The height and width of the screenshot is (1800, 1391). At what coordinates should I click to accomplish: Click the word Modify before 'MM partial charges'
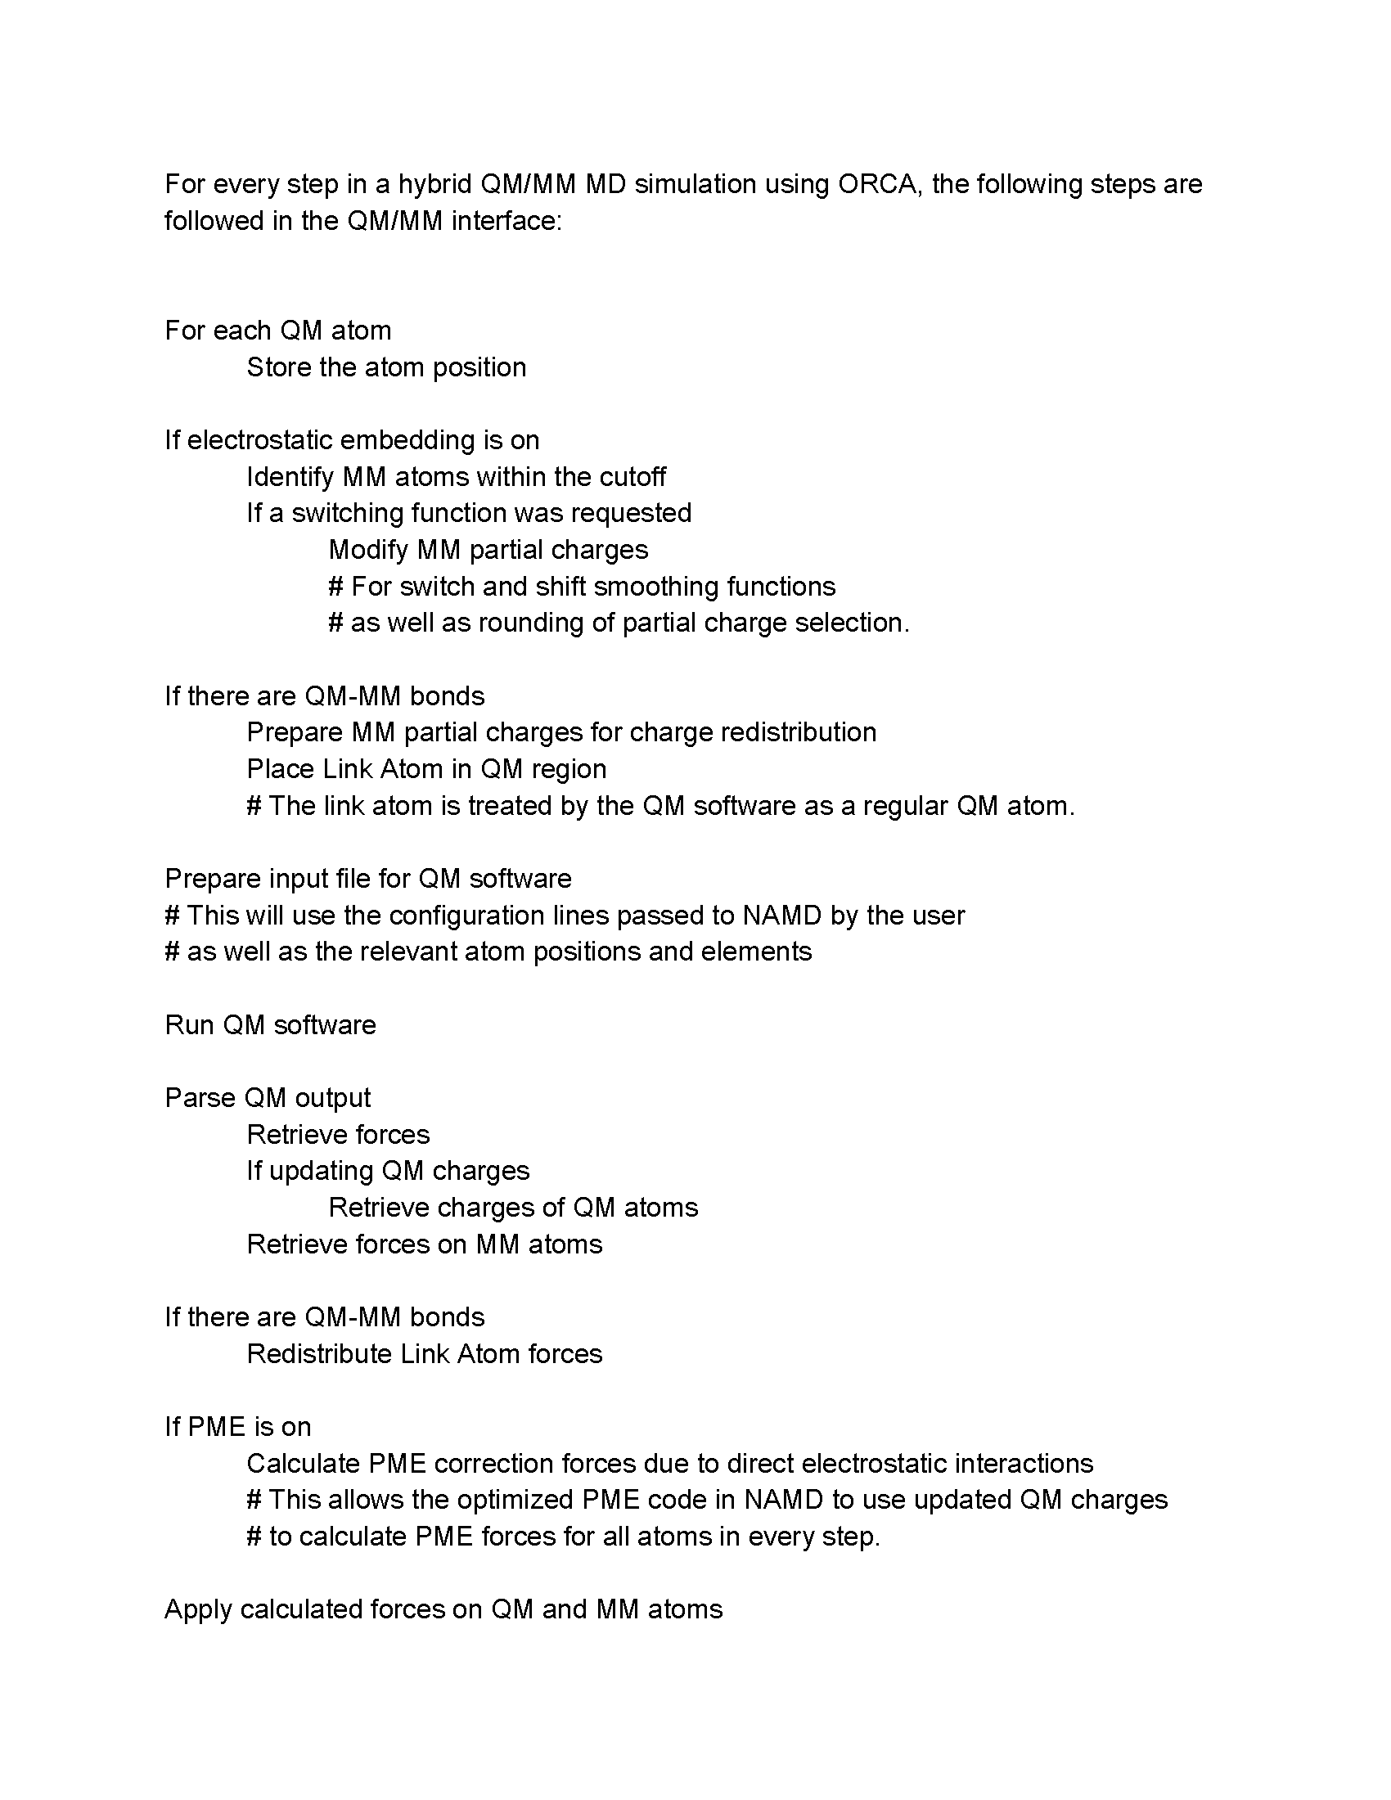click(368, 550)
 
